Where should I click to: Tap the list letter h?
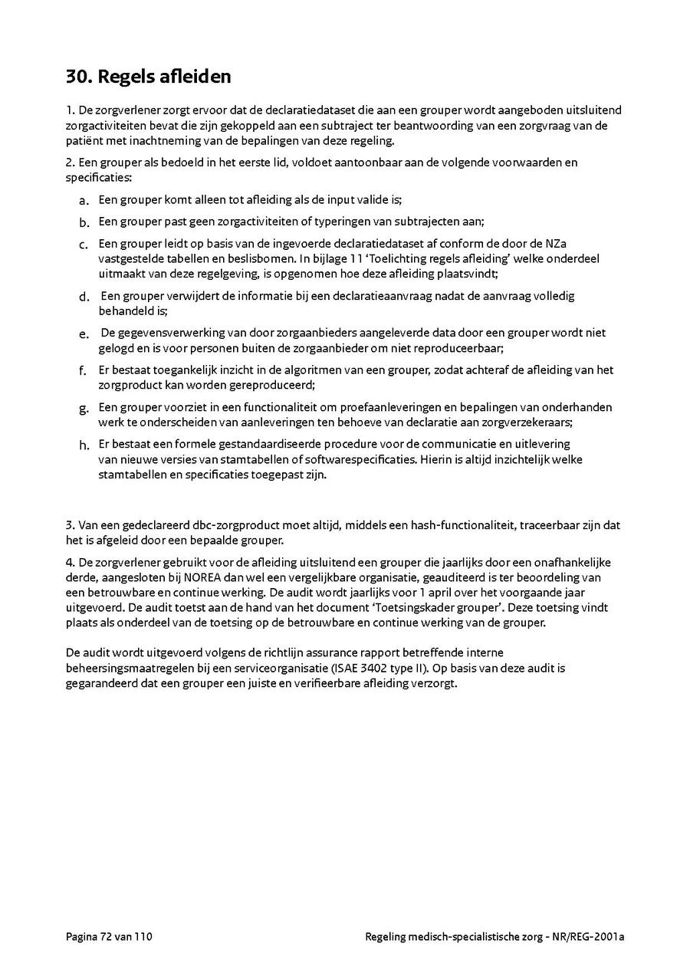[x=84, y=445]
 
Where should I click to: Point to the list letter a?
[x=84, y=202]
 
